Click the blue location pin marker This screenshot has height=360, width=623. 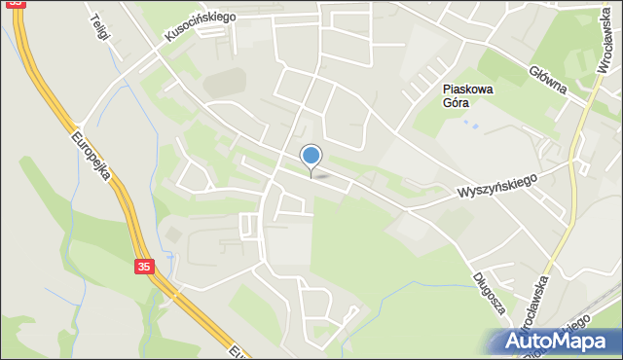pyautogui.click(x=311, y=157)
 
